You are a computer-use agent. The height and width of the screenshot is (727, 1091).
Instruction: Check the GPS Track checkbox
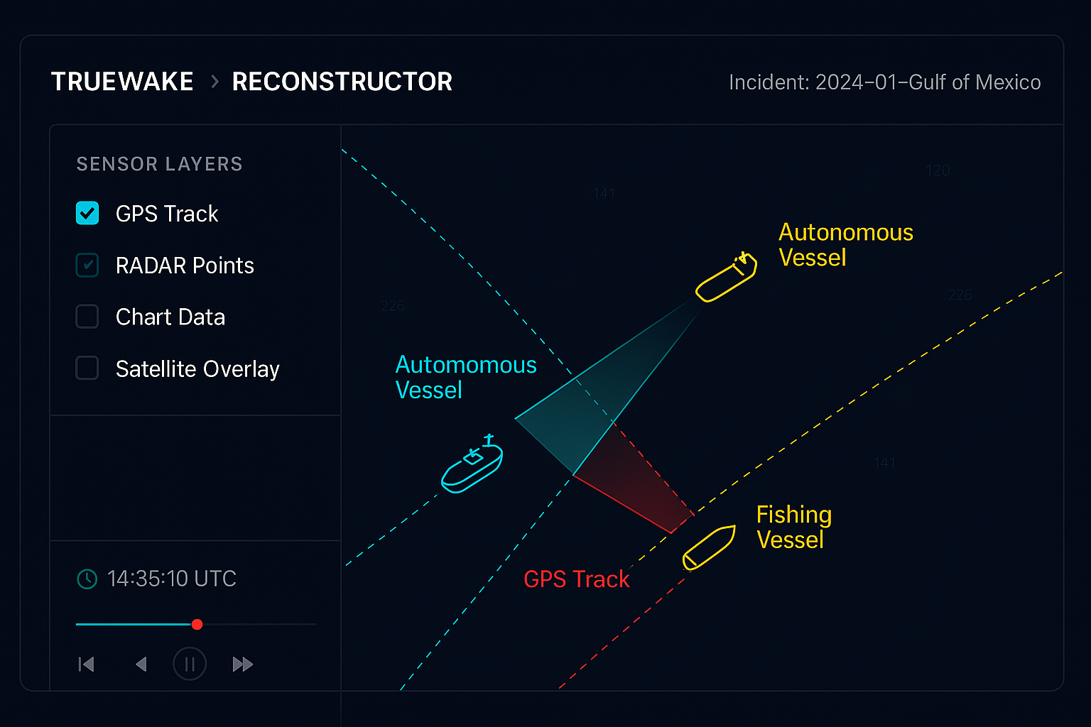pos(87,213)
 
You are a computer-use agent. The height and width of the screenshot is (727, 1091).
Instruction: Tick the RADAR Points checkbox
pos(87,265)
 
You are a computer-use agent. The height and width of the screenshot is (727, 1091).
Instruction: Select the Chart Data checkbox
pos(87,317)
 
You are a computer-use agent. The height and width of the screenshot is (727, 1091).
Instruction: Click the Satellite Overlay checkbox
pos(87,368)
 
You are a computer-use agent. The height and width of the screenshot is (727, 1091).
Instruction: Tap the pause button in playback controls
pos(190,665)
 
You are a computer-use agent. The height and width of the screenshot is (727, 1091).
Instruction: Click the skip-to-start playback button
pos(86,665)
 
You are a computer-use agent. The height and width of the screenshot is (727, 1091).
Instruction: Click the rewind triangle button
pos(141,665)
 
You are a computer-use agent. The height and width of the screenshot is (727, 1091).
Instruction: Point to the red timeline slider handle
pos(197,625)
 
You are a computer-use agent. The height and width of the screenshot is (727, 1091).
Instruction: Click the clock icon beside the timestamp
pos(87,579)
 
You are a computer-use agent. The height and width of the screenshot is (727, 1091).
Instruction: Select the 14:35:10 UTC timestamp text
pos(172,579)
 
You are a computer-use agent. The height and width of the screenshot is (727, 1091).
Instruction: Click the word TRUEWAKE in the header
pos(122,82)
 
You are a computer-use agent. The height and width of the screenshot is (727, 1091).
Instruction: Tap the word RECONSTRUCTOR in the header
pos(342,82)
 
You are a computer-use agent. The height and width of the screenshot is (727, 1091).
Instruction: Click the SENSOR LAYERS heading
pos(159,164)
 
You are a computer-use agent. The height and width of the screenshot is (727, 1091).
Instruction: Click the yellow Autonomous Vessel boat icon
pos(726,278)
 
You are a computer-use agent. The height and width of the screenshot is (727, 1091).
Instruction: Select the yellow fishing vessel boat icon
pos(709,547)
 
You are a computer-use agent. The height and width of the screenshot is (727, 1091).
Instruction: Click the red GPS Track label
pos(576,580)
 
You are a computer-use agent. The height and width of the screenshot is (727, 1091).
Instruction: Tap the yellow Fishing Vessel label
pos(793,527)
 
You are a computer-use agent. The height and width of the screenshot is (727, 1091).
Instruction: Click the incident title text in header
pos(884,82)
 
